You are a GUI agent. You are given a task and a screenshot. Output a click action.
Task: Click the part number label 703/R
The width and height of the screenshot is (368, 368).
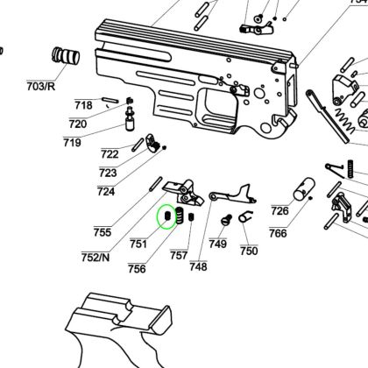point(40,87)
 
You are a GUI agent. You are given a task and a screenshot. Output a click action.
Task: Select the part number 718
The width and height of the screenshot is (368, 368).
point(83,105)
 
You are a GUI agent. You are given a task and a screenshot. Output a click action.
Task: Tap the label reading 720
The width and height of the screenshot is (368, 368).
point(78,124)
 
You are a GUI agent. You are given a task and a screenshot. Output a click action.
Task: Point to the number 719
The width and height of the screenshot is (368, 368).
point(72,143)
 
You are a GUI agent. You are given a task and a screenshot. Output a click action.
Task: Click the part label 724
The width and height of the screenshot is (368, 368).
point(106,192)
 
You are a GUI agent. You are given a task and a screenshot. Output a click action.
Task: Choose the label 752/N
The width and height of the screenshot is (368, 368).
point(96,258)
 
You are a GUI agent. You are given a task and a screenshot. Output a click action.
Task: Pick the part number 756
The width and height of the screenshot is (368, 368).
point(137,268)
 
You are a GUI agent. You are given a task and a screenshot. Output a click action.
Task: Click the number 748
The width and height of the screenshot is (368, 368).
point(198,266)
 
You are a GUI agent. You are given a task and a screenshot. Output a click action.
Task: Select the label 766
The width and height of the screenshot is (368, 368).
point(278,233)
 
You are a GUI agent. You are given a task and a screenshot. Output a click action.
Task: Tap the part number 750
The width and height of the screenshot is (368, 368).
point(249,251)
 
